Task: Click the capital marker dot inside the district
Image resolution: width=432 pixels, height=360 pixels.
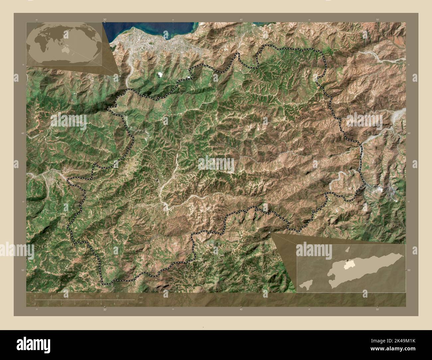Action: click(157, 180)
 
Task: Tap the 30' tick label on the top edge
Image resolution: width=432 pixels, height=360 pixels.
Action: click(105, 20)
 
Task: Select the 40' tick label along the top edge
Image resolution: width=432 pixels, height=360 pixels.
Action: click(241, 20)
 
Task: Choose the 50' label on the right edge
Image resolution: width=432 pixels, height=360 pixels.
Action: click(408, 270)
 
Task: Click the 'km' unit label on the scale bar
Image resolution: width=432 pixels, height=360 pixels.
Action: click(141, 297)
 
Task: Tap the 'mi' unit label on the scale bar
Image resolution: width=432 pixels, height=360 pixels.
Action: click(141, 303)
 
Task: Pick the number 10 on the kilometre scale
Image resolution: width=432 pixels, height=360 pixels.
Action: click(117, 296)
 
